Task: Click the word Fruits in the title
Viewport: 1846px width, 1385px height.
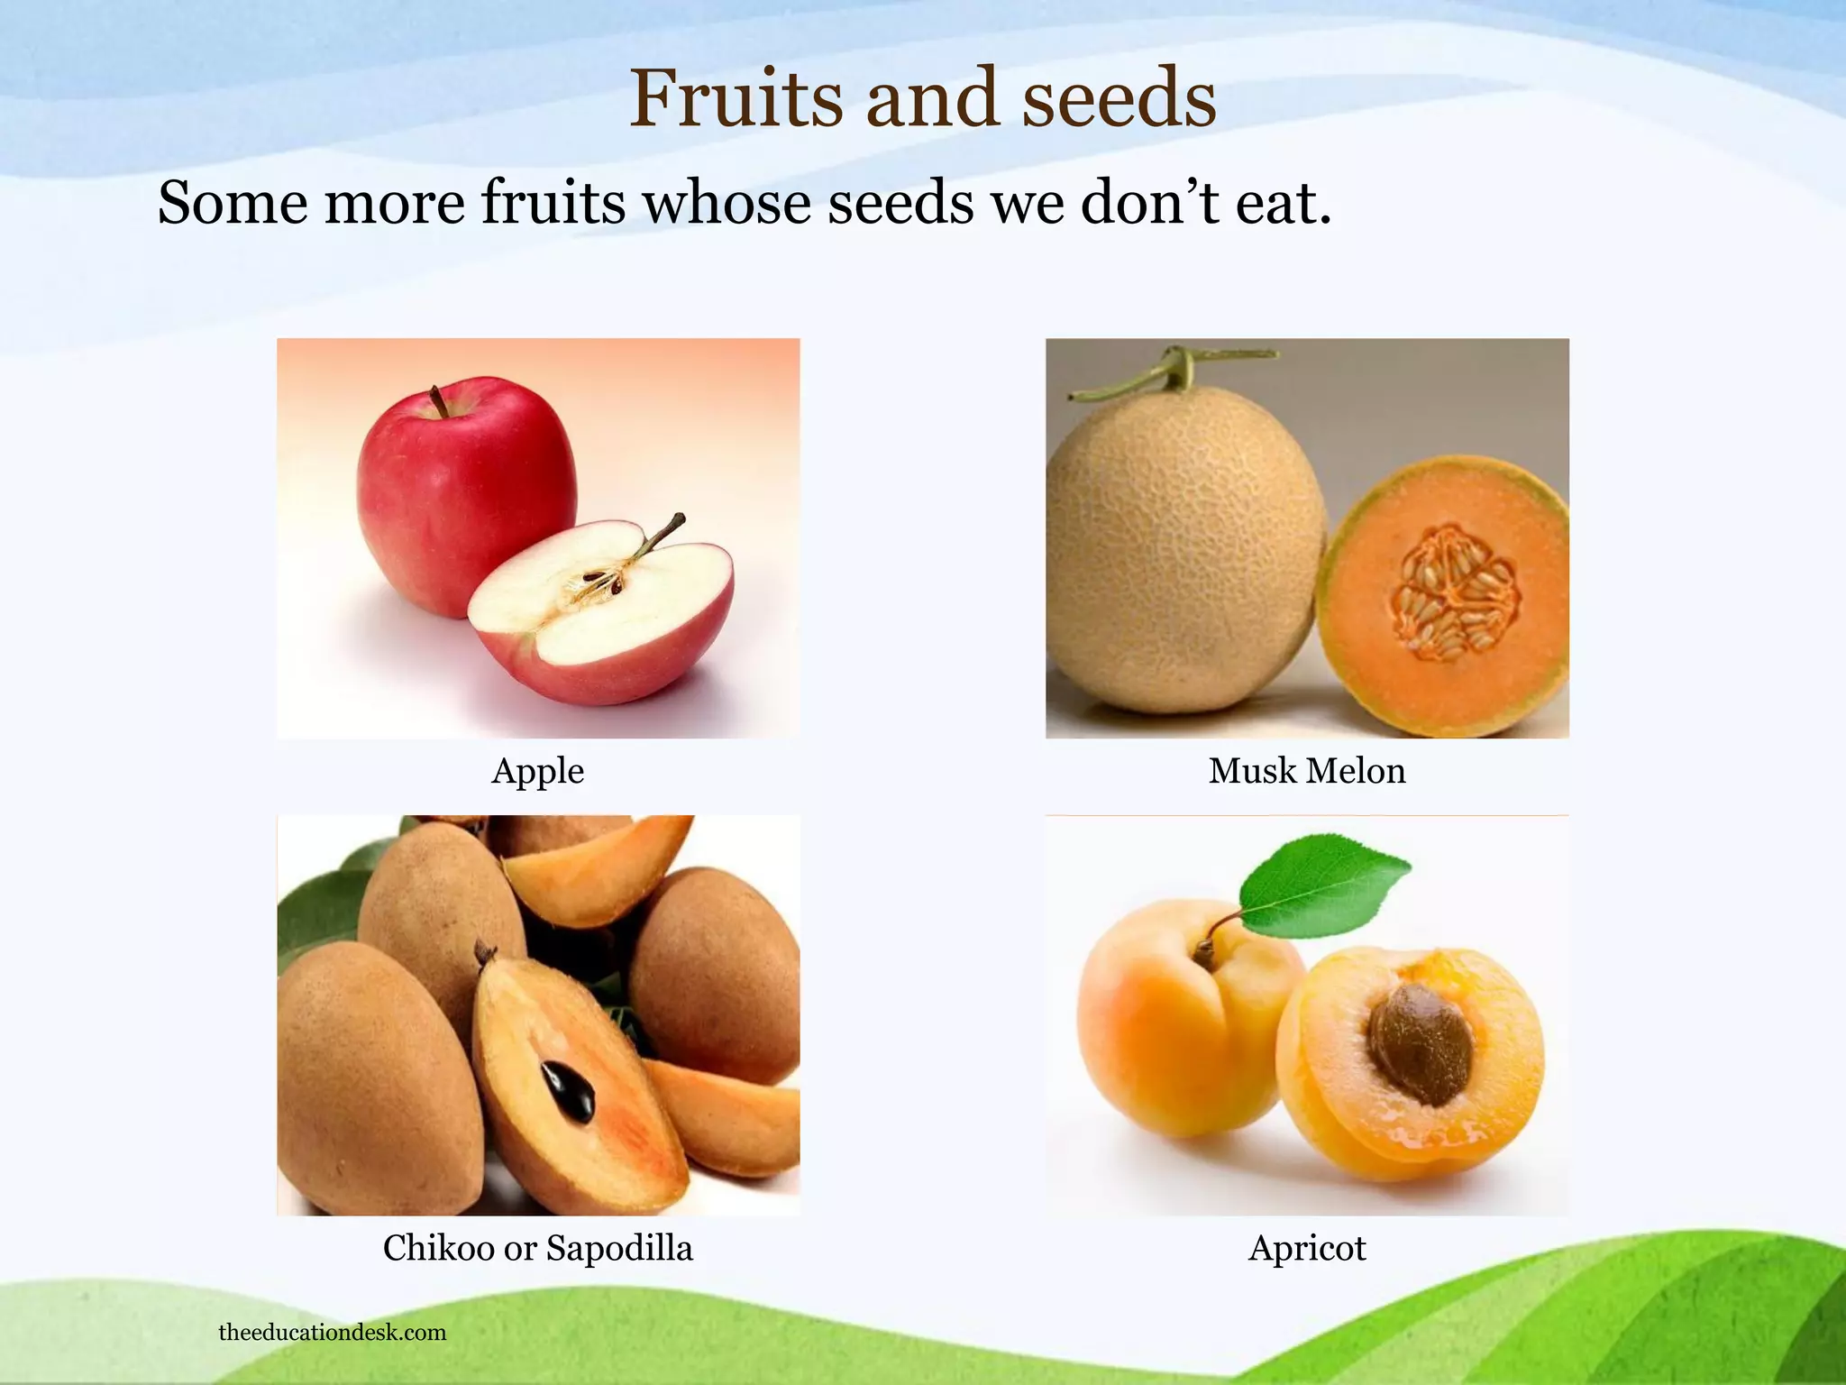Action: (736, 99)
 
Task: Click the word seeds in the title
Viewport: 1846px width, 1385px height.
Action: (1119, 99)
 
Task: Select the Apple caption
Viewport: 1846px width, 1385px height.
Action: (537, 771)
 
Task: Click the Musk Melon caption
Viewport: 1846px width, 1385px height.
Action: (1306, 771)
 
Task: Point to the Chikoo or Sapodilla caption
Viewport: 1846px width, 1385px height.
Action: (537, 1248)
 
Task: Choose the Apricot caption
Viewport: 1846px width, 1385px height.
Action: (1306, 1248)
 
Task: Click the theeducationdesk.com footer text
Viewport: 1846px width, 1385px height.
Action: (332, 1333)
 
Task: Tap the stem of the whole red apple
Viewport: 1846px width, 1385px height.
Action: (439, 401)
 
